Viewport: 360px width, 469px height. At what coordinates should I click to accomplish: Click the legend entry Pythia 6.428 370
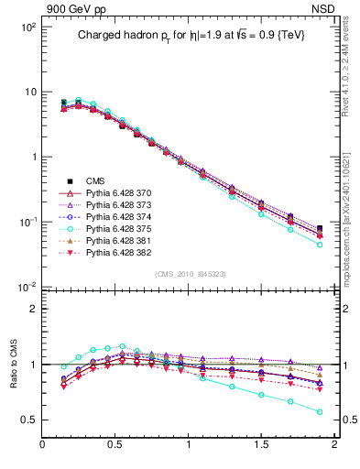(116, 193)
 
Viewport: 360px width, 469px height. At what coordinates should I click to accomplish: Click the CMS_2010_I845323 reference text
(188, 274)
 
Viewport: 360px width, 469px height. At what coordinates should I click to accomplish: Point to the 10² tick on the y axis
(27, 27)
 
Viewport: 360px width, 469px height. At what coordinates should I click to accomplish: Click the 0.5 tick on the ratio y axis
(29, 420)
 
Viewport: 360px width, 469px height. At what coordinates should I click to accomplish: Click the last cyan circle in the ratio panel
(320, 412)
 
